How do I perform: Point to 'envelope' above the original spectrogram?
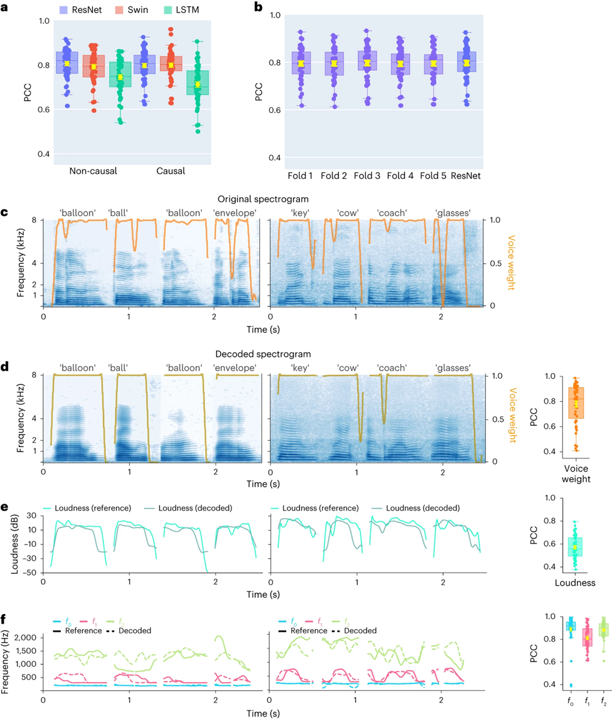coord(235,213)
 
